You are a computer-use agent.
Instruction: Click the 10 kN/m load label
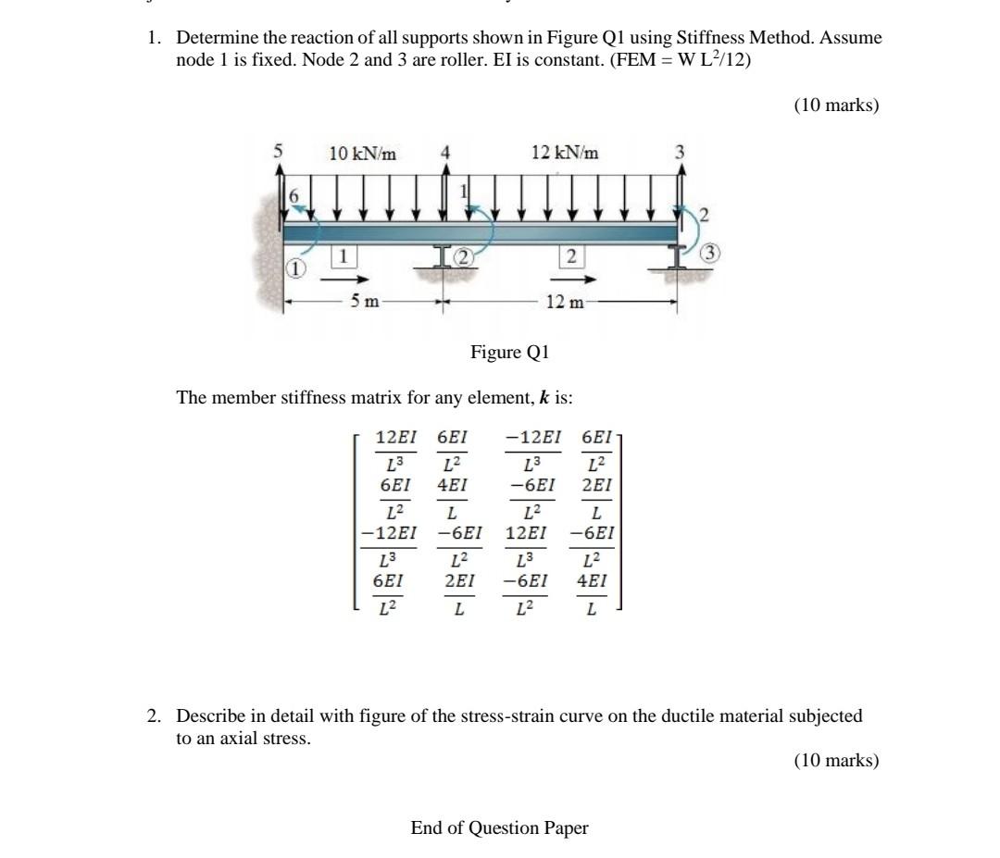[x=363, y=154]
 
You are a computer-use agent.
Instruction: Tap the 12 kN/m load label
[x=565, y=153]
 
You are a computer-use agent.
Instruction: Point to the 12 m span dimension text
[x=565, y=301]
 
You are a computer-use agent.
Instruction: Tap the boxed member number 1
[x=342, y=255]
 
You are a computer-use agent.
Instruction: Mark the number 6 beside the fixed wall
[x=295, y=196]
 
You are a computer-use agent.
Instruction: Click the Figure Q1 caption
[x=510, y=353]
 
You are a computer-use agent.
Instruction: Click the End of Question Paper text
[x=499, y=827]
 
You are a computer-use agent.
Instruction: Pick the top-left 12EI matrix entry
[x=395, y=436]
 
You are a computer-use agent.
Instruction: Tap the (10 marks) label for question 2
[x=835, y=760]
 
